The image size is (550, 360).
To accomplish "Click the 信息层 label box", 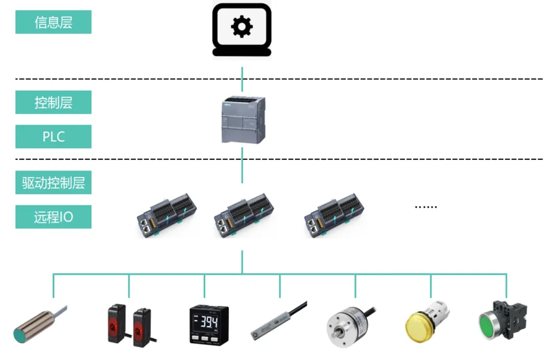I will (53, 22).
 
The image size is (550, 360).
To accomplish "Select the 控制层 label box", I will (53, 102).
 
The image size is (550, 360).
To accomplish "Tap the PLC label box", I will (53, 136).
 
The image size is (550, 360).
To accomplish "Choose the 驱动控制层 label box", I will (53, 182).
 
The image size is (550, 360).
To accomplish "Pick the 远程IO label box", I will (53, 217).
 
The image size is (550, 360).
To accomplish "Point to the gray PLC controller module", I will (242, 120).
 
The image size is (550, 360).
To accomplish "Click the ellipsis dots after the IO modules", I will (426, 207).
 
